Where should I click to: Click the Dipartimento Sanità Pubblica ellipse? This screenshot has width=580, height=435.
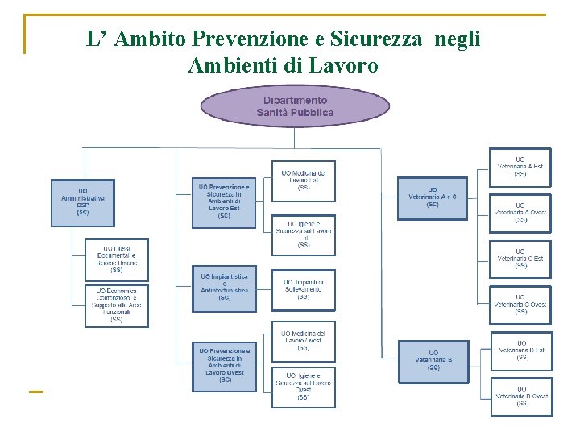coord(295,106)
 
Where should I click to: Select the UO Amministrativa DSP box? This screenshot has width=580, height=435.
coord(83,200)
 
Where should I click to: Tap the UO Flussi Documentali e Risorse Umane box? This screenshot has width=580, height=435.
coord(117,259)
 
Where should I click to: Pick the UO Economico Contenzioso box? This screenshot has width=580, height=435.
coord(117,305)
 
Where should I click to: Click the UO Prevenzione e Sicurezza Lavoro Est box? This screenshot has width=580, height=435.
coord(224,201)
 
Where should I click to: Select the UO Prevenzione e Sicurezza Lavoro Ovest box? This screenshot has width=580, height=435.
coord(225,364)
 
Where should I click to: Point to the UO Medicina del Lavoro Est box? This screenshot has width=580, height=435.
coord(303,180)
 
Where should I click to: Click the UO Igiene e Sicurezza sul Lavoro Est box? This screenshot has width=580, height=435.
coord(303,234)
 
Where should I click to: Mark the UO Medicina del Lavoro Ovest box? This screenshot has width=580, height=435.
coord(303,342)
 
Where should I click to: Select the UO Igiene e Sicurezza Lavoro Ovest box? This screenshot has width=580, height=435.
coord(303,386)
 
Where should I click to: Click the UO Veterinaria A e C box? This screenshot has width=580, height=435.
coord(433,198)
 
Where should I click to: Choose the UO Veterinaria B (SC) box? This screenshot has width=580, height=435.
coord(433,360)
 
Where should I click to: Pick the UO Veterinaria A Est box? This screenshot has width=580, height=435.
coord(520,168)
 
